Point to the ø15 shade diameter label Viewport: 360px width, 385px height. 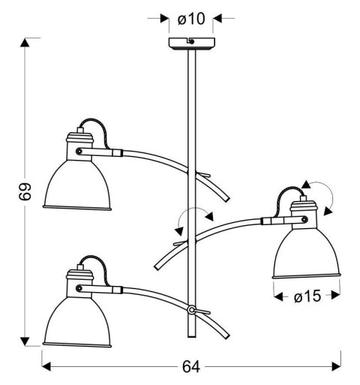pyautogui.click(x=308, y=297)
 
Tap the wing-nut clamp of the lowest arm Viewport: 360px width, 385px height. pyautogui.click(x=193, y=309)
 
